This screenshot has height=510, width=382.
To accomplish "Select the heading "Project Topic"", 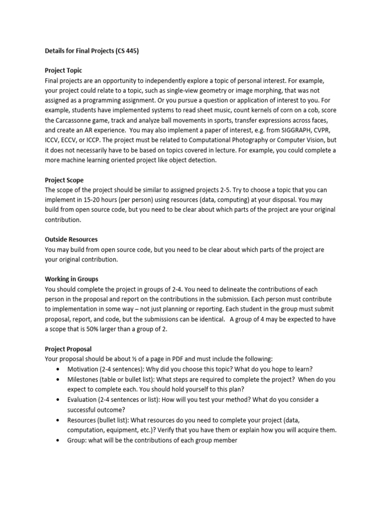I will coord(64,71).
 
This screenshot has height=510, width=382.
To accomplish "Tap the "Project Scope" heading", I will coord(64,180).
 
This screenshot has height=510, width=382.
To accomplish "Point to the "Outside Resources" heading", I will coord(71,240).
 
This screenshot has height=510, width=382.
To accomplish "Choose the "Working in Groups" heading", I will coord(72,279).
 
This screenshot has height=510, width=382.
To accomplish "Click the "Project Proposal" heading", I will coord(68,349).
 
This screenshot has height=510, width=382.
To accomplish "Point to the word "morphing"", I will coord(249,91).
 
